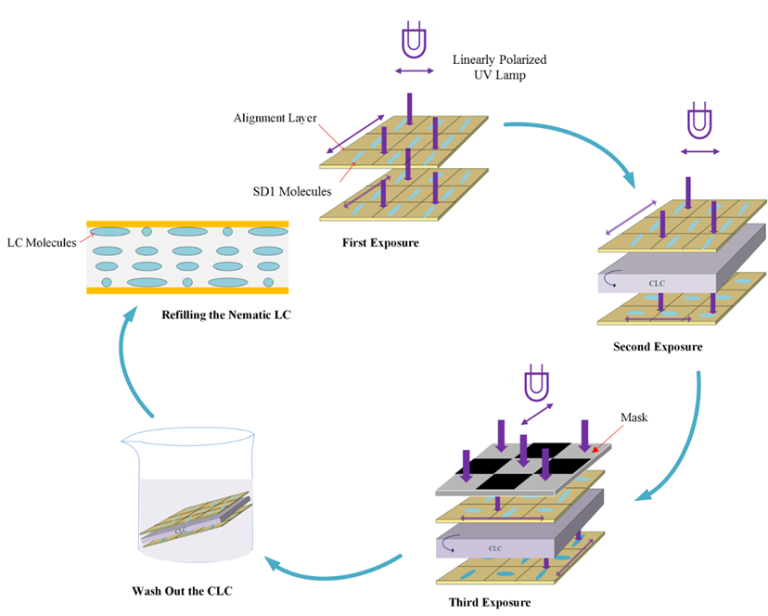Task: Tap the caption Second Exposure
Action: [657, 347]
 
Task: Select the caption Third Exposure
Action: [490, 601]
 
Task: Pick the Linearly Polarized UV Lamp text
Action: [499, 67]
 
